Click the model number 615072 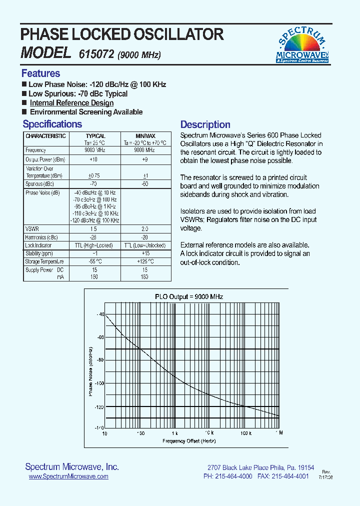(96, 54)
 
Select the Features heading (40, 73)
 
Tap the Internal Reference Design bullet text (71, 103)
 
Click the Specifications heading (52, 124)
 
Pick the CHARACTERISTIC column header (45, 136)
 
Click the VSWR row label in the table (31, 228)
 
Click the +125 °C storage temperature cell (145, 261)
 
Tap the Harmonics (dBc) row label (41, 237)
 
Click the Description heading (205, 124)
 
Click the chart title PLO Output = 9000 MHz (188, 296)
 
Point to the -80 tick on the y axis (99, 360)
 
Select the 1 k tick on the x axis (174, 432)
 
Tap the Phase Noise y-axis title (91, 370)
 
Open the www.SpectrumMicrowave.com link (68, 476)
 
